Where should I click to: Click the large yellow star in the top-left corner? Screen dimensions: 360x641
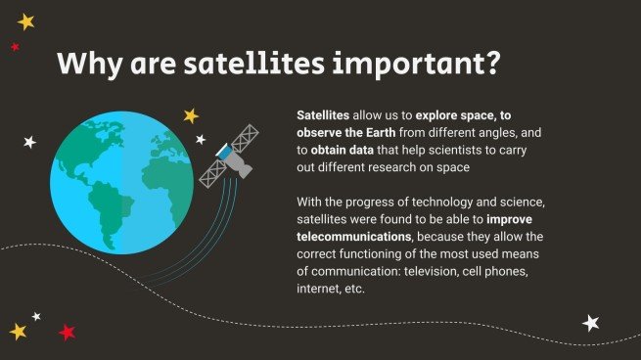25,21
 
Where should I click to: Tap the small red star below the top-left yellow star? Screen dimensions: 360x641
15,46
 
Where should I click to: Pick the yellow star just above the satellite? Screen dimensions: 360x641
191,115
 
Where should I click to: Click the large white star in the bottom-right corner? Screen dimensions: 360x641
591,322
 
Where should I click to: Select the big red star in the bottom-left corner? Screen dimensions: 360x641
67,332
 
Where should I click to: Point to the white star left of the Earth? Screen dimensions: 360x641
29,142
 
